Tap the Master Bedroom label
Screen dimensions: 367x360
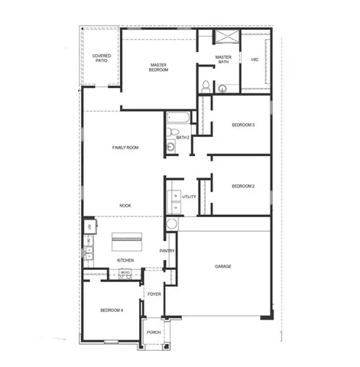pos(159,67)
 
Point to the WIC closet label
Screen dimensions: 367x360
pos(254,59)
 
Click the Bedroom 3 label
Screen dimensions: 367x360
pos(243,125)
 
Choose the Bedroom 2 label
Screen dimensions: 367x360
pos(242,186)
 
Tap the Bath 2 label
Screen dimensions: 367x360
pos(182,137)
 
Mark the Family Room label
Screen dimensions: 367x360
pos(125,147)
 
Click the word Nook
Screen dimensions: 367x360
pos(125,206)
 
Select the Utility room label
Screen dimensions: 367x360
pos(189,197)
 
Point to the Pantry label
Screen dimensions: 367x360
pos(167,251)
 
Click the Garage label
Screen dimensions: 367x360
pos(223,266)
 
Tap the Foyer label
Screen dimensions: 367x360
pos(153,294)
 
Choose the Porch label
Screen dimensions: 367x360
pos(153,332)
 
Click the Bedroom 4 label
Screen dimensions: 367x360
pos(112,310)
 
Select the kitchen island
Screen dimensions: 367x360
pos(128,240)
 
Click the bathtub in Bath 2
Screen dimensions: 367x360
pos(177,119)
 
